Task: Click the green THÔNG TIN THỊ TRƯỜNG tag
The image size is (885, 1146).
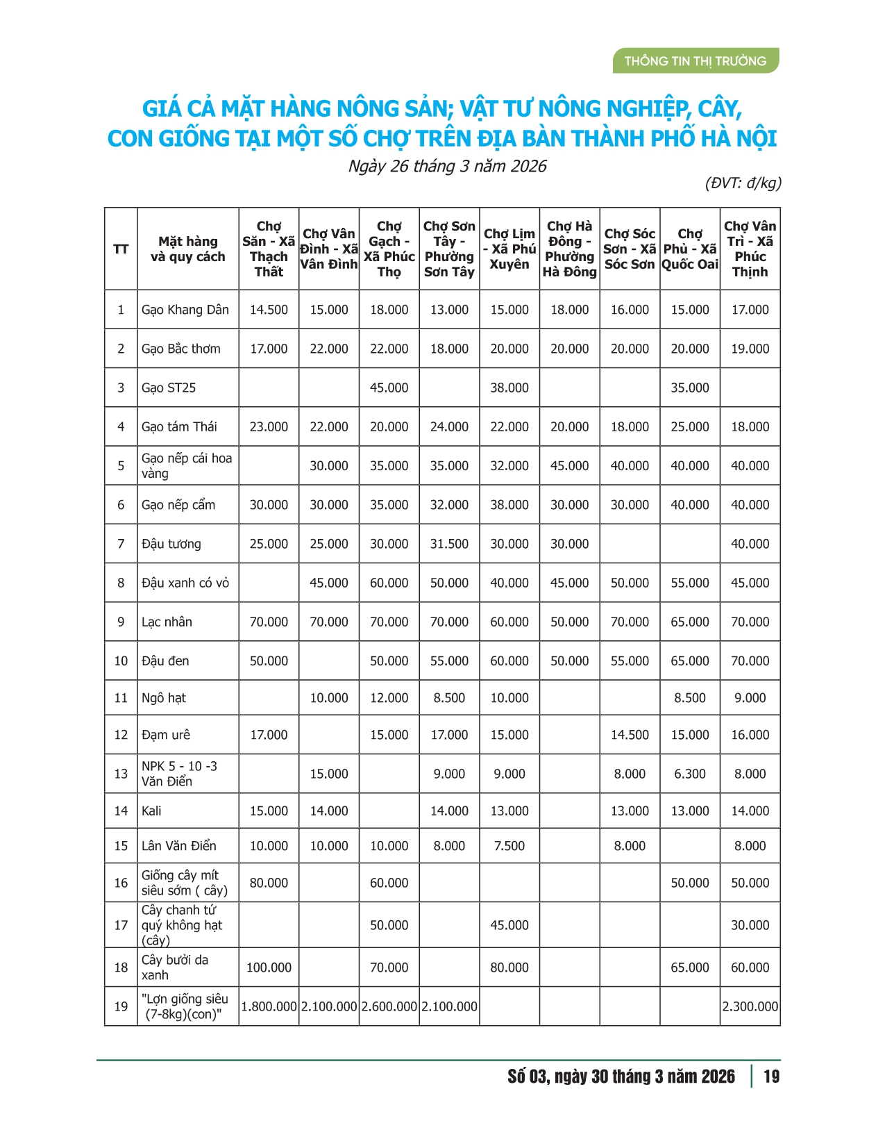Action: (695, 61)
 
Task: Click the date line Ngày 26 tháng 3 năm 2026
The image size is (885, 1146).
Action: (447, 167)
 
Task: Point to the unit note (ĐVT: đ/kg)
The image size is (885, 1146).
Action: (743, 183)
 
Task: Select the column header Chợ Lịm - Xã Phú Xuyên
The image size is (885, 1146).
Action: (509, 249)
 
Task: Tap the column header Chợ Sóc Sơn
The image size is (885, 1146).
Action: (630, 249)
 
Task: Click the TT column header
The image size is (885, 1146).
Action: (121, 249)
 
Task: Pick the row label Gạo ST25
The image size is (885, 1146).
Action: (169, 388)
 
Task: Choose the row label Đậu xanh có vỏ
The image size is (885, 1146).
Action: (185, 583)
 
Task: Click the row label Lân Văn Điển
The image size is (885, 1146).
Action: (179, 846)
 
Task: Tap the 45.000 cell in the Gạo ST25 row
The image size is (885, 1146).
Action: (389, 388)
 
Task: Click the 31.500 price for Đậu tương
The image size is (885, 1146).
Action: (449, 544)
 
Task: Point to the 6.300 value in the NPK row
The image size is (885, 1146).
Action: (690, 774)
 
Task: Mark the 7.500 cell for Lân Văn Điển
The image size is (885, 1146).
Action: (509, 846)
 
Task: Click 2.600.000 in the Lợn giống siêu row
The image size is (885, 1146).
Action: (389, 1006)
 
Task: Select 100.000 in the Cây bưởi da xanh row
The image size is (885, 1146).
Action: (269, 968)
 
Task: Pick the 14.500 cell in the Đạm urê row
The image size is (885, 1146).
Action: (630, 735)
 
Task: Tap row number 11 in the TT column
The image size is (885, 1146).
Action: (121, 698)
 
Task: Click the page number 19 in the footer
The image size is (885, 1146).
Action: (771, 1077)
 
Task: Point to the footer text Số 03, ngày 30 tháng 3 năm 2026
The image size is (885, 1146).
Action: (621, 1077)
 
